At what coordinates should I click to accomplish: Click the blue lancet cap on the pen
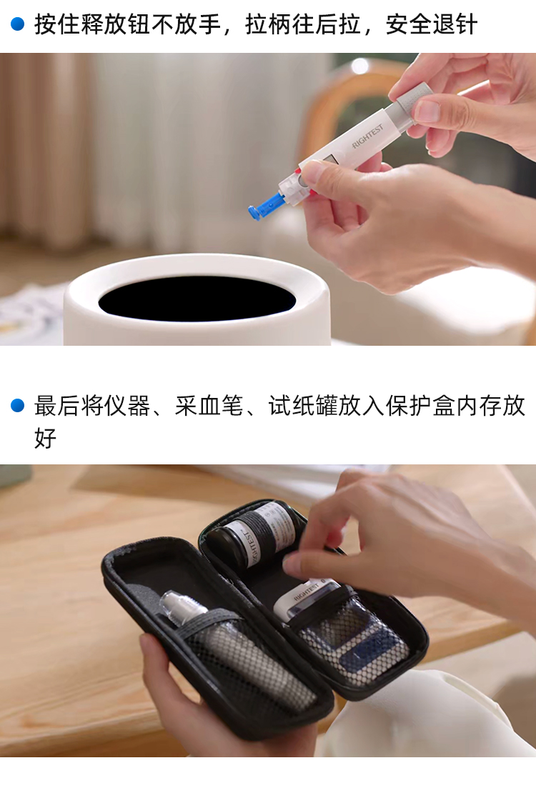point(264,206)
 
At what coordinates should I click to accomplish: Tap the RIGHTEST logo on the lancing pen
point(367,136)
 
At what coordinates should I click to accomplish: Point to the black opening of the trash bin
point(197,299)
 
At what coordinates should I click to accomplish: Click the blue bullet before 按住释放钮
point(17,24)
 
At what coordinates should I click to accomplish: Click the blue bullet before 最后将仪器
point(17,406)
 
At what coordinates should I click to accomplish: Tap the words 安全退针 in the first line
point(432,24)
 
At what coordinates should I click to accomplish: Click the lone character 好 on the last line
point(46,438)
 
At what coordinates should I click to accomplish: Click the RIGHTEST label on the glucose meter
point(307,592)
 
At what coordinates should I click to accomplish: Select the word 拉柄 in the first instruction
point(268,24)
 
